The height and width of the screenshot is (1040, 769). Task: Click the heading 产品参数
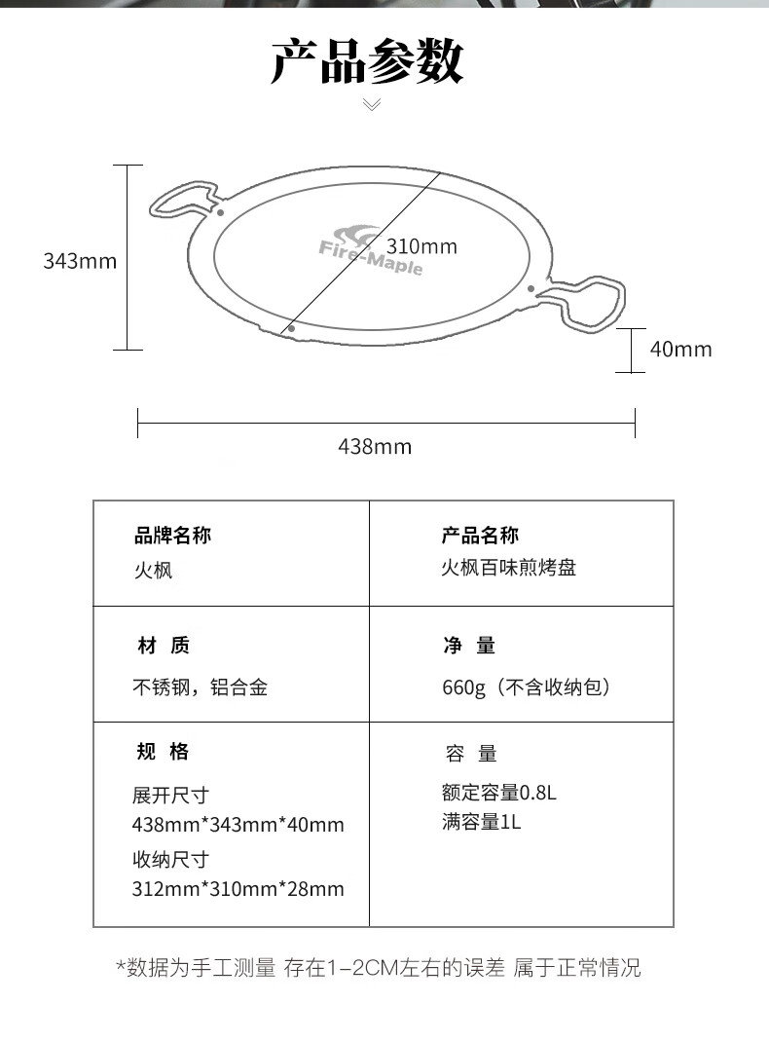click(367, 61)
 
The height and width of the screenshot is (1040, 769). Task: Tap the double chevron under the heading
click(373, 104)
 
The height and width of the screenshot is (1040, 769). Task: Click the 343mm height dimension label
click(80, 261)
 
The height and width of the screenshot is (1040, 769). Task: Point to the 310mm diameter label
click(421, 246)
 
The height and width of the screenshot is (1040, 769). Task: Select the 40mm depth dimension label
click(680, 349)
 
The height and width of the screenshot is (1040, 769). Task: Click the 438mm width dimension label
click(375, 446)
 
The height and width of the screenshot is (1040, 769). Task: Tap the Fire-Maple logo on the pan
click(371, 251)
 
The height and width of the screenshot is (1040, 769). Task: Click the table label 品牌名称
click(172, 536)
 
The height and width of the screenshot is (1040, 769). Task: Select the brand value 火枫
click(153, 571)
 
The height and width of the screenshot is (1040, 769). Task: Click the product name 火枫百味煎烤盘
click(509, 568)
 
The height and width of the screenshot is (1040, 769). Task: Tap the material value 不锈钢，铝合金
click(201, 687)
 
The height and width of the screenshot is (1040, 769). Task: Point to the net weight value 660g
click(464, 687)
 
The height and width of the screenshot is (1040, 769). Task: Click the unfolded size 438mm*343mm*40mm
click(238, 825)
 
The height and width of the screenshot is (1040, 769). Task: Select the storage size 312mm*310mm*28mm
click(238, 889)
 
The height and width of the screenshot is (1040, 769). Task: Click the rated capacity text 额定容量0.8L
click(499, 793)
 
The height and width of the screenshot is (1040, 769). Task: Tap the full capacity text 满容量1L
click(481, 823)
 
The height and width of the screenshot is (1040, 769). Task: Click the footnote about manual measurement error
click(380, 968)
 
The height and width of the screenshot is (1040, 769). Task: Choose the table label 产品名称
click(481, 536)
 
